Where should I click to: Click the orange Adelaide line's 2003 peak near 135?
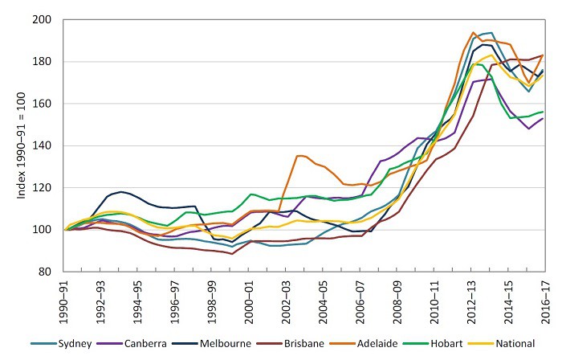(299, 156)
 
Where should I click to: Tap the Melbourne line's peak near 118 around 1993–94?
(121, 191)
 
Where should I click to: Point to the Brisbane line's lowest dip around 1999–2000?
(232, 254)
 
